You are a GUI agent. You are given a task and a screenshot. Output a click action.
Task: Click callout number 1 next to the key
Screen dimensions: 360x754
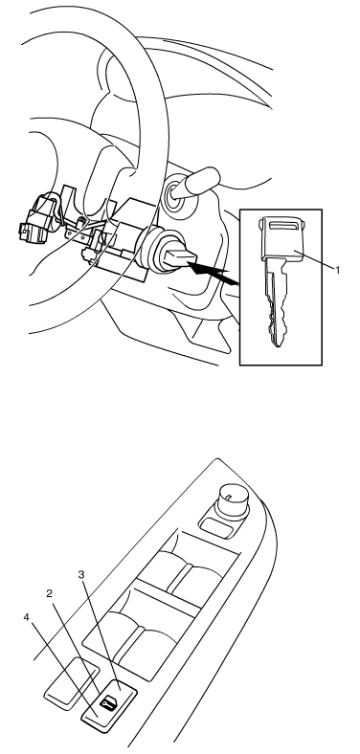pos(338,270)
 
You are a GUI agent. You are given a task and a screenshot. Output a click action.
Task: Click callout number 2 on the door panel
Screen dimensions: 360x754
pos(49,594)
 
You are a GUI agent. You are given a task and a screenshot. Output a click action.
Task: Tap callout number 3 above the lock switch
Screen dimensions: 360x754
pos(81,575)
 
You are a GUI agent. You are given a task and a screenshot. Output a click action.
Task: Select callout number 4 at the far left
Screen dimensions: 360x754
pos(27,616)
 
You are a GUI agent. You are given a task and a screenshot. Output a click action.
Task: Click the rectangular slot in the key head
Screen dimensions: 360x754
pos(283,224)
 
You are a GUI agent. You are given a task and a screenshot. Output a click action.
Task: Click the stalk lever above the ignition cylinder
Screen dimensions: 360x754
pos(195,183)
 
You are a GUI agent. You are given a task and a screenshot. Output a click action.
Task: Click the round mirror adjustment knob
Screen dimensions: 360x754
pos(233,501)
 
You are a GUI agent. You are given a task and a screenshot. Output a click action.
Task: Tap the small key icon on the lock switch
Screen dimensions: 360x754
pos(108,703)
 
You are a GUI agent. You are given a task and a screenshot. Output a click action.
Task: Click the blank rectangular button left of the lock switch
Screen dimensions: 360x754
pos(72,683)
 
